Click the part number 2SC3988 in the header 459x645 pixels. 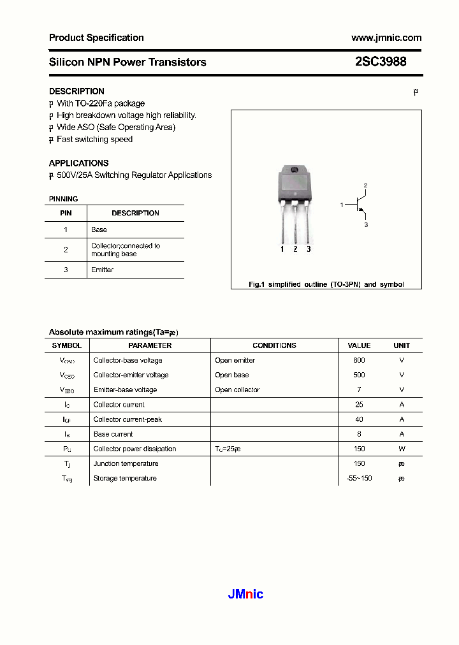(381, 62)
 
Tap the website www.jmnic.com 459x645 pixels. (386, 38)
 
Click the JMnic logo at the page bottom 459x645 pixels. (245, 595)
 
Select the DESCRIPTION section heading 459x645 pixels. (76, 91)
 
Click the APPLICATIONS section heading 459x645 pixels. (78, 163)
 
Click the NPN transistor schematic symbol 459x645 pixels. (361, 205)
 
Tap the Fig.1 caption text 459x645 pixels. (326, 284)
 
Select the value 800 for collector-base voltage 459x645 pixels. (359, 361)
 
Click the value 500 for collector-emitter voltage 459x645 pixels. (359, 375)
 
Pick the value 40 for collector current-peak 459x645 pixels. (359, 419)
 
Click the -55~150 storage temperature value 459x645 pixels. (359, 478)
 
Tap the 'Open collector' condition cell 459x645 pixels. (237, 390)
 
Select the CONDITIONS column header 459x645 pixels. (274, 345)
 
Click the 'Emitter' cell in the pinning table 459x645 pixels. (102, 270)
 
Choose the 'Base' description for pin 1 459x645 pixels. (99, 229)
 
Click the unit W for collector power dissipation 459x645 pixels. (402, 449)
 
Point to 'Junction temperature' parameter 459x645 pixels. (126, 463)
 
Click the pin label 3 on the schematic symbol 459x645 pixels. (366, 225)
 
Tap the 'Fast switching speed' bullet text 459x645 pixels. (94, 140)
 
